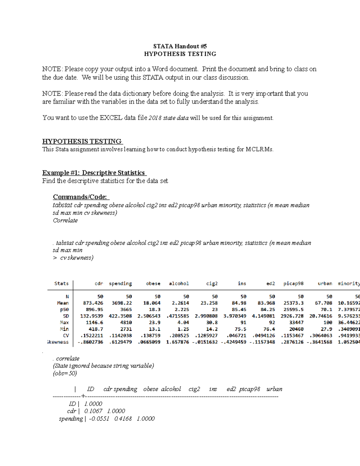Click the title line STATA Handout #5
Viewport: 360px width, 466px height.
[x=180, y=46]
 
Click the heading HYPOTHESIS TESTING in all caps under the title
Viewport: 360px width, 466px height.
[x=180, y=54]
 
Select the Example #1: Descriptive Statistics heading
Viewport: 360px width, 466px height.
[x=94, y=173]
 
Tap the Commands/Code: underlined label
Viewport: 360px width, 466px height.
[x=81, y=197]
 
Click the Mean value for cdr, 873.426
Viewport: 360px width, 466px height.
[x=93, y=303]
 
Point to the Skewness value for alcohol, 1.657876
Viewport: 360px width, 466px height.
[x=178, y=342]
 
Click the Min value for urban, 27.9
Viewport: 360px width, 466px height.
[x=326, y=329]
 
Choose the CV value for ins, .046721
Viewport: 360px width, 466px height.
[x=236, y=336]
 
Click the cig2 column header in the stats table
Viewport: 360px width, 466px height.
[x=212, y=284]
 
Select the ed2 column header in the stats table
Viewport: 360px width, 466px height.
[x=271, y=284]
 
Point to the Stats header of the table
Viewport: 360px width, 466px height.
[x=61, y=284]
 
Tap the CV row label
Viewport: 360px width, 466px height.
[x=66, y=336]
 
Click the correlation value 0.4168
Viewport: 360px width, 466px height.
[x=123, y=419]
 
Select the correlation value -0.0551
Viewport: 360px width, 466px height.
[x=99, y=419]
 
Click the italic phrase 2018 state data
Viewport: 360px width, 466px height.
[x=169, y=118]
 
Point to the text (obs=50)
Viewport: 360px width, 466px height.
[x=65, y=374]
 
